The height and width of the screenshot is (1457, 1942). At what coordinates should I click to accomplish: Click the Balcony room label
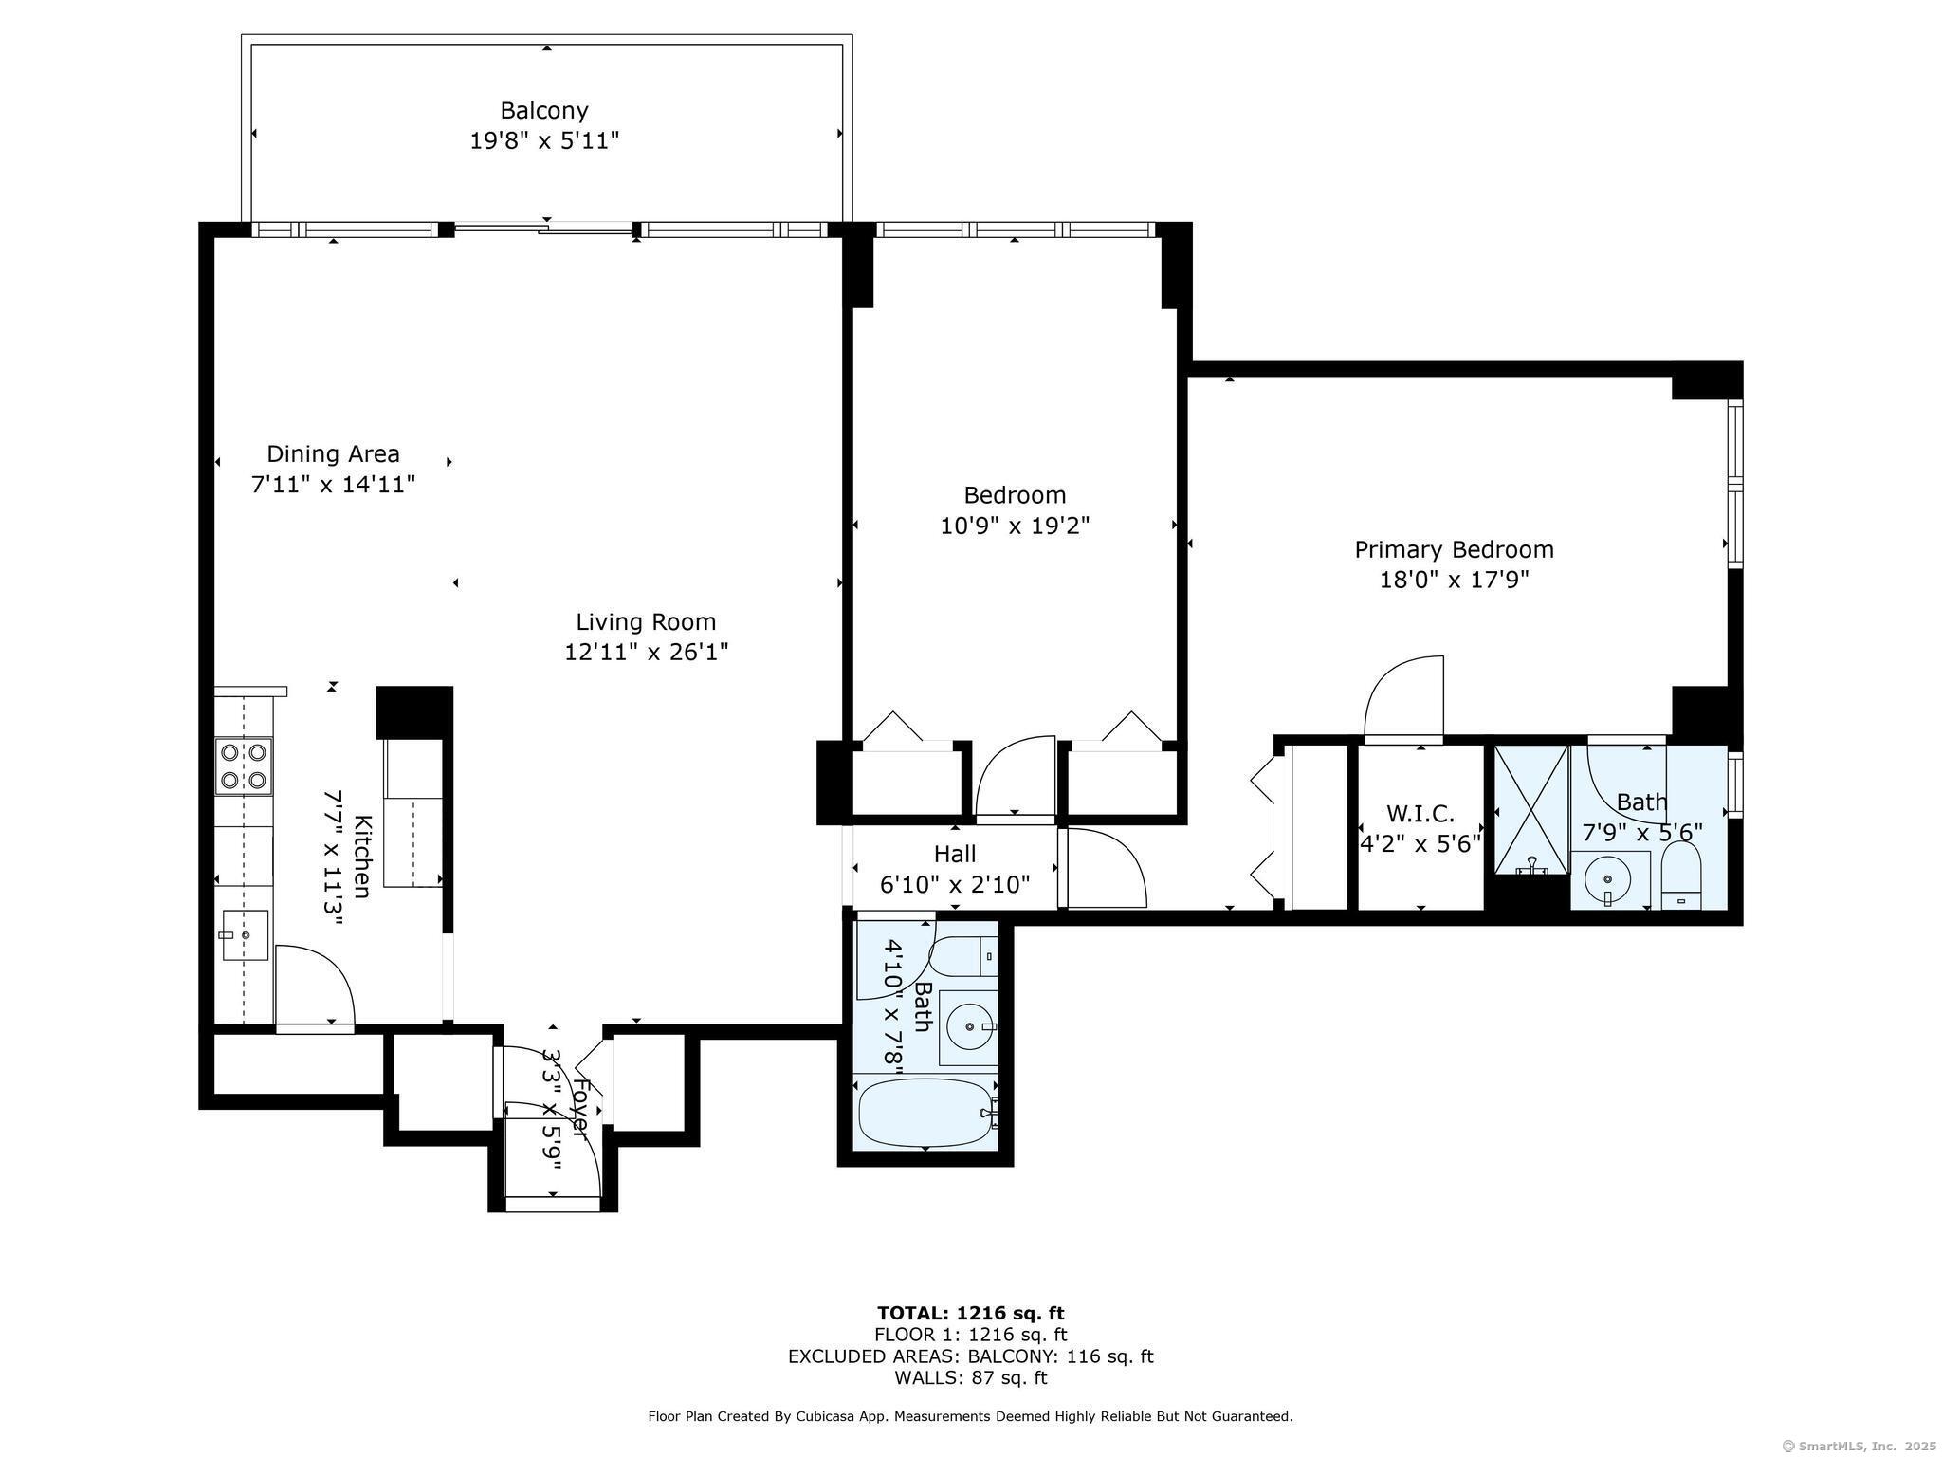(544, 111)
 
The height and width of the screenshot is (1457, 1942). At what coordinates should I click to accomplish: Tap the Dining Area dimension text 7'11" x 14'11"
(333, 485)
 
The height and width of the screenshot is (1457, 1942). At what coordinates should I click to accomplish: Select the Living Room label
(646, 622)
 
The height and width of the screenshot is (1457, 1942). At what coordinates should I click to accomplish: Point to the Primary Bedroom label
(1454, 550)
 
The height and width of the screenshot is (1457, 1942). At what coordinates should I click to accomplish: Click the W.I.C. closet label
(1420, 814)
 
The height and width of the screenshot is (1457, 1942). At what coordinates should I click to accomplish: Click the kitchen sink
(246, 935)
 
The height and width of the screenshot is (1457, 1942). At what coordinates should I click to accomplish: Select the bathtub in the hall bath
(928, 1112)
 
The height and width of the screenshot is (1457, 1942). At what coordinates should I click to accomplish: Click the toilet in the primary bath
(1681, 876)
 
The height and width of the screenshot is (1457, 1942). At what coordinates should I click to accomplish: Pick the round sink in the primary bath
(1607, 878)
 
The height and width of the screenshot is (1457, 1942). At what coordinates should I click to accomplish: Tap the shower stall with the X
(1531, 809)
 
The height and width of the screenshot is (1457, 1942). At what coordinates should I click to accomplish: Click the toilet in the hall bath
(963, 957)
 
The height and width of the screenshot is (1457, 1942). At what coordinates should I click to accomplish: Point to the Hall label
(955, 855)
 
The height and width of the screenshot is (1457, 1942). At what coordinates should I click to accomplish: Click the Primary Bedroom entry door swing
(1403, 695)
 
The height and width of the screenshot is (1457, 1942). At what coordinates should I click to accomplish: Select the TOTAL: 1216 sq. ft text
(970, 1314)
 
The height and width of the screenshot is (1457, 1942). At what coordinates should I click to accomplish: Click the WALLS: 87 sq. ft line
(970, 1378)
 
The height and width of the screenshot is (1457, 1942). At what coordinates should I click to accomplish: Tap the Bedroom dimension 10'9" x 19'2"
(1015, 526)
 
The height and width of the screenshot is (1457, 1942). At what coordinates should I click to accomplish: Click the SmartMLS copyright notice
(1859, 1446)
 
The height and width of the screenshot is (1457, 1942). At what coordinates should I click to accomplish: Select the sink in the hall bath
(969, 1027)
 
